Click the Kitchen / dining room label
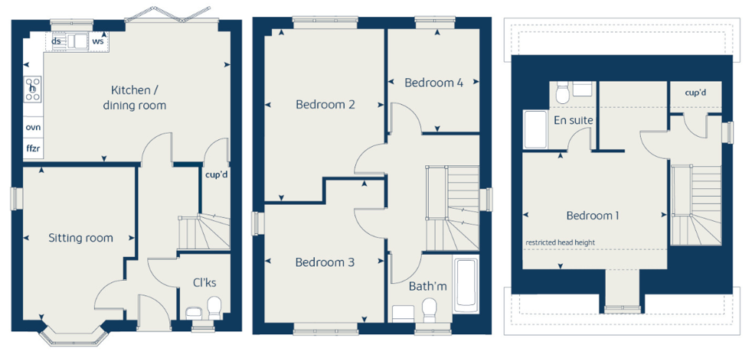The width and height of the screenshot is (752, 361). tap(135, 97)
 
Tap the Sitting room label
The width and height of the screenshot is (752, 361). tap(80, 238)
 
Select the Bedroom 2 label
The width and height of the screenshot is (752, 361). tap(325, 104)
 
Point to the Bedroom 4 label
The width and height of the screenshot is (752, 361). tap(434, 83)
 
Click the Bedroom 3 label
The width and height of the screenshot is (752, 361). tap(325, 262)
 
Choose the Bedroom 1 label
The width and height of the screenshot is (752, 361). tap(592, 216)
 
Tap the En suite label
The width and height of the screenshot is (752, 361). tap(574, 120)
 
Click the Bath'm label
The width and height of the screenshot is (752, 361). tap(428, 286)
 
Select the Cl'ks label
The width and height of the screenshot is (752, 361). tap(204, 283)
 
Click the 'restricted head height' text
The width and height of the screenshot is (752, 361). tap(560, 242)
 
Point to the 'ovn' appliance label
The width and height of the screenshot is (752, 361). tap(33, 128)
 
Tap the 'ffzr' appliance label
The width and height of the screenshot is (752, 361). tap(33, 148)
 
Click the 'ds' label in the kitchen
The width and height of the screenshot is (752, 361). tap(56, 41)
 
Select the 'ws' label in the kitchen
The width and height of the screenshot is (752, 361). tap(98, 41)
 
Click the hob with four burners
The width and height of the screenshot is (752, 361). tap(33, 89)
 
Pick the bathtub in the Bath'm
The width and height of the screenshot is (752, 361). tap(465, 286)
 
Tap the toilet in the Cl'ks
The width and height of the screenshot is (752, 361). tap(214, 308)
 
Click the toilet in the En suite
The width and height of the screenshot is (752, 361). tap(562, 93)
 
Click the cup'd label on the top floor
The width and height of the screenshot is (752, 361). tap(695, 93)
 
